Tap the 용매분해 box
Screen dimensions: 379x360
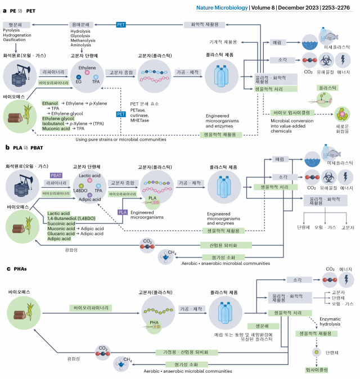click(x=82, y=25)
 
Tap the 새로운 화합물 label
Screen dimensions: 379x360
click(x=342, y=127)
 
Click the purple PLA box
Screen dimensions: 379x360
click(x=123, y=212)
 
